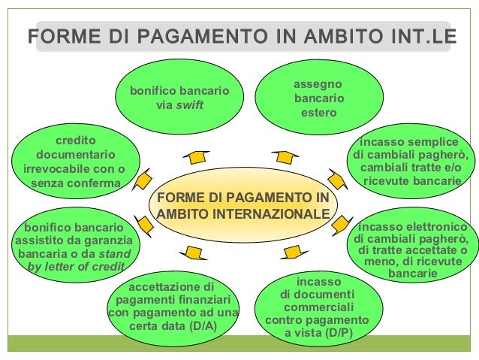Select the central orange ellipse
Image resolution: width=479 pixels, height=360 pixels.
click(243, 204)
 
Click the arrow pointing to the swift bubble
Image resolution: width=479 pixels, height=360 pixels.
click(196, 156)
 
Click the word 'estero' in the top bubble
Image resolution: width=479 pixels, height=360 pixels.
click(319, 113)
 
